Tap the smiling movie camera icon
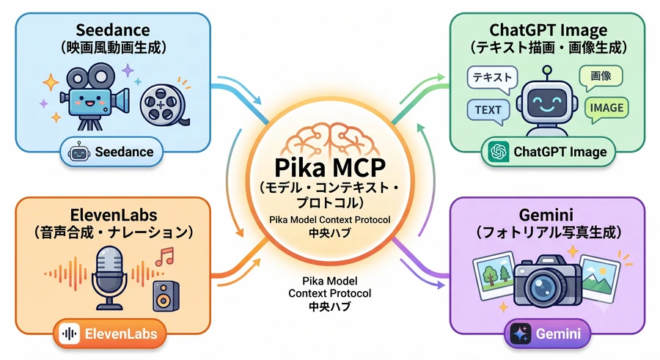tap(93, 97)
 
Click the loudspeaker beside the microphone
tap(166, 296)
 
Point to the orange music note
tap(164, 257)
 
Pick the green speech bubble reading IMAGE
tap(606, 109)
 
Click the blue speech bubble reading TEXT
tap(488, 111)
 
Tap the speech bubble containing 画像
tap(601, 77)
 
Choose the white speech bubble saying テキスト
tap(493, 78)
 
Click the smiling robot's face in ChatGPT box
tap(547, 103)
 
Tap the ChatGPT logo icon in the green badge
tap(499, 152)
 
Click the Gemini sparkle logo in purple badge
tap(521, 334)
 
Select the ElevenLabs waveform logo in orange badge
tap(70, 334)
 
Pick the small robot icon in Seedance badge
tap(79, 152)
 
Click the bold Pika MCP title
tap(330, 167)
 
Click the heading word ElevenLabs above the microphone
tap(114, 215)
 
